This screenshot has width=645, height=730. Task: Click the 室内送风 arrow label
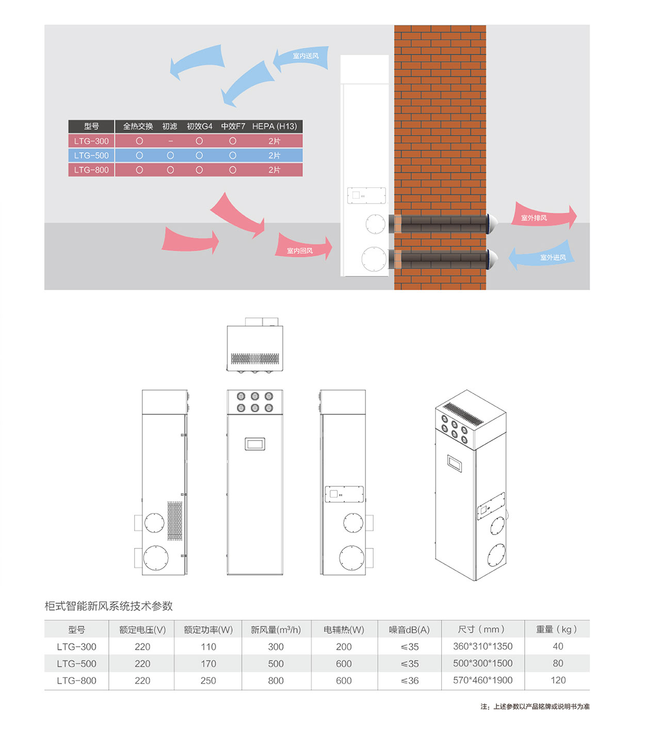click(x=305, y=56)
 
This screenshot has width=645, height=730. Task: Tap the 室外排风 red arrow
click(x=543, y=216)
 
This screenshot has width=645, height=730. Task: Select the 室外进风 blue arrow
click(x=541, y=255)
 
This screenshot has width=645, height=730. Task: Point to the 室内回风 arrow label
click(x=299, y=250)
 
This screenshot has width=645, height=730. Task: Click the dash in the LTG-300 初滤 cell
click(x=170, y=141)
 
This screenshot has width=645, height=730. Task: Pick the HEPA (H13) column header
click(x=275, y=126)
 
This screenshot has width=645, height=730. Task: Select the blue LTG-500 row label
click(x=91, y=155)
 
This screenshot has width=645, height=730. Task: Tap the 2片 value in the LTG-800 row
click(x=274, y=170)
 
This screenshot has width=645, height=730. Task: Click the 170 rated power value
click(x=208, y=663)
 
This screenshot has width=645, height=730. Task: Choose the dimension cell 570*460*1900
click(x=482, y=680)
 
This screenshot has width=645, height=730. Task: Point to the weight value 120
click(x=558, y=680)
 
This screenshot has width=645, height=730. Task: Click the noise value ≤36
click(x=410, y=680)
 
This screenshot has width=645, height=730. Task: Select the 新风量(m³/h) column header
click(x=276, y=629)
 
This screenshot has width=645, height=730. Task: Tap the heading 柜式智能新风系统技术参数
click(x=108, y=606)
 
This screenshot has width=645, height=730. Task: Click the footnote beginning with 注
click(x=535, y=706)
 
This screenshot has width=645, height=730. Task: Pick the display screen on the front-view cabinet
click(x=255, y=444)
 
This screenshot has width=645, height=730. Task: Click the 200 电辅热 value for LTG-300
click(x=344, y=646)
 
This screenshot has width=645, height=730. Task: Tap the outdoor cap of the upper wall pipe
click(x=492, y=224)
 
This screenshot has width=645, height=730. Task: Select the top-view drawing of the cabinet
click(x=255, y=345)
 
